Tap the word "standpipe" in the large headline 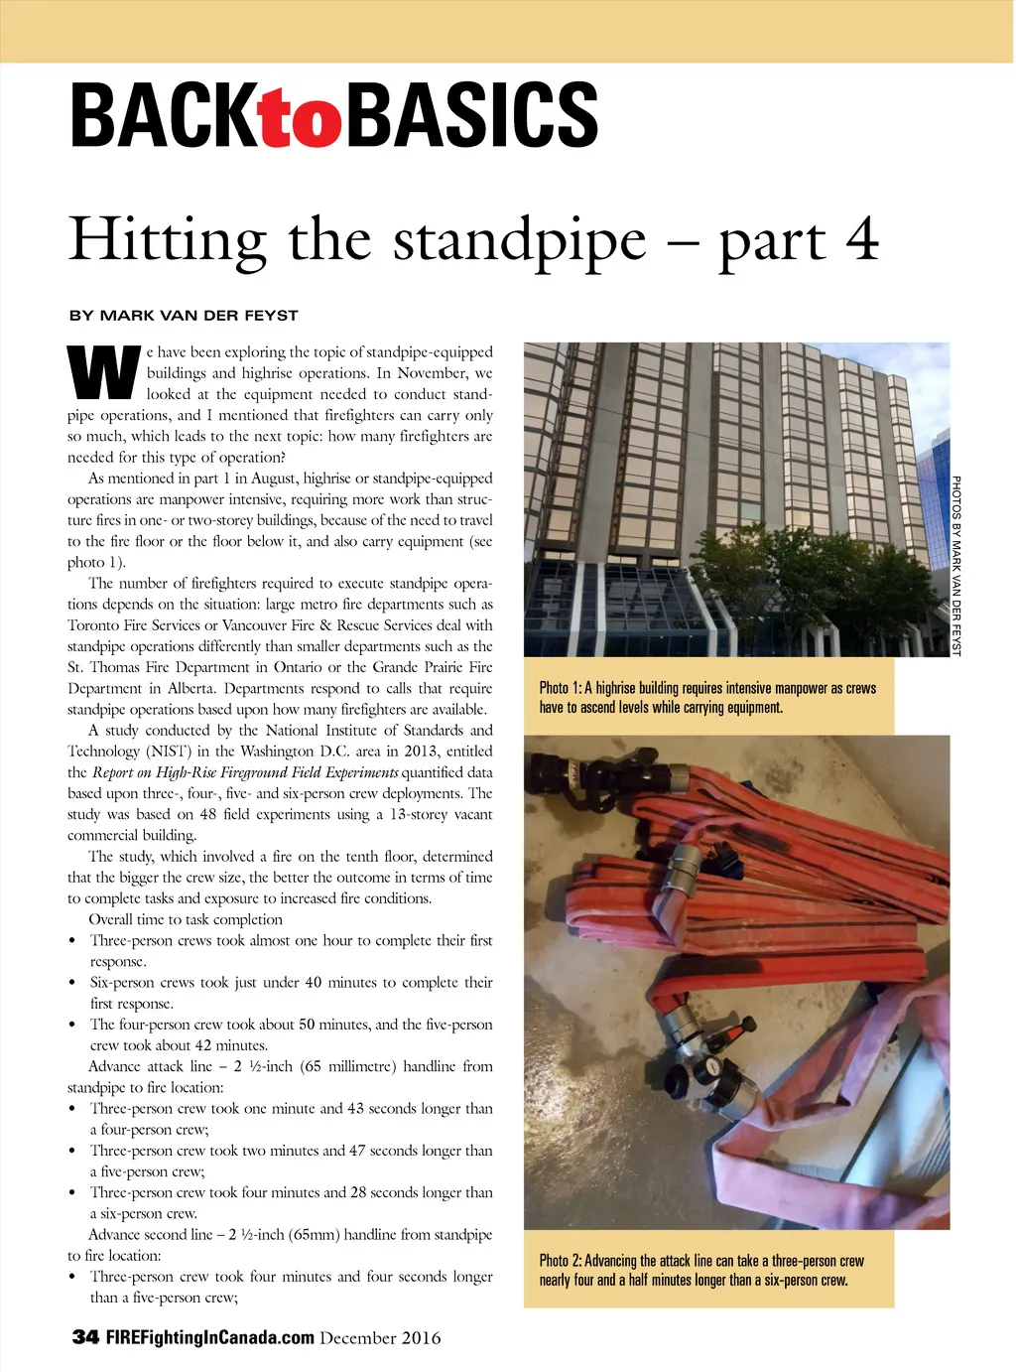519,241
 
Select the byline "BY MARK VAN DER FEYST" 184,316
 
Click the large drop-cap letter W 103,373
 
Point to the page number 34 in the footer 85,1337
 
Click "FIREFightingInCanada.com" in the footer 210,1337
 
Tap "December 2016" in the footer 380,1338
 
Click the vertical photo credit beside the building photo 956,566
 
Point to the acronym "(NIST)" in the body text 169,752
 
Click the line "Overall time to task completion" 186,919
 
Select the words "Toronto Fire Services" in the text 133,625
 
